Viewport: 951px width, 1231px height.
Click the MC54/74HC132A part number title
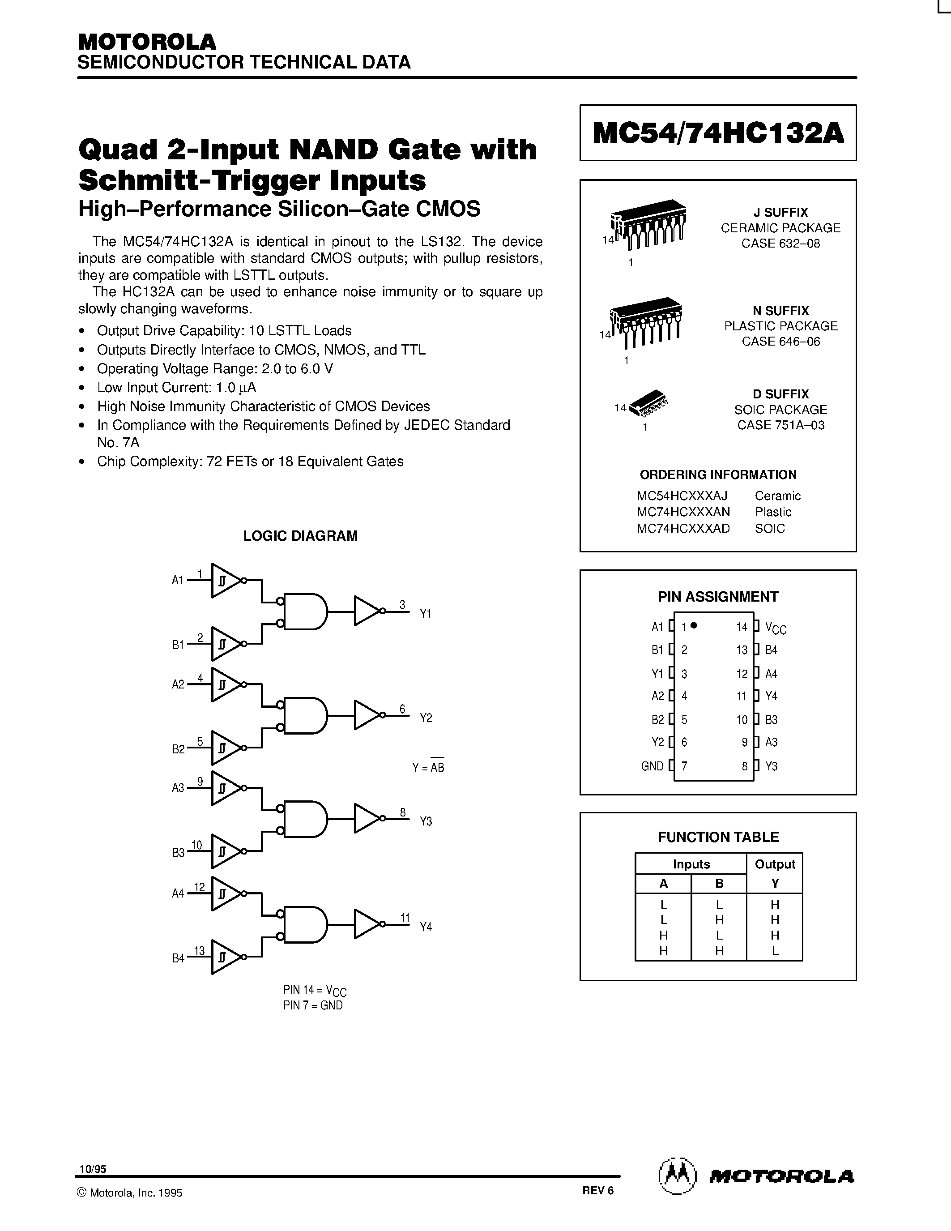click(718, 133)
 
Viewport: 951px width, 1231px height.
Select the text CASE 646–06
click(781, 342)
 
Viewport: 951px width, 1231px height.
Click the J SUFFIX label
click(781, 213)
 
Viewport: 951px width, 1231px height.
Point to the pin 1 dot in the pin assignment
click(694, 625)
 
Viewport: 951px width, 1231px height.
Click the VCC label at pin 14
click(776, 627)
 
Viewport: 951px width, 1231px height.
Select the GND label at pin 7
click(652, 766)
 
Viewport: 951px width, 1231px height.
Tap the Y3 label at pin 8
click(771, 766)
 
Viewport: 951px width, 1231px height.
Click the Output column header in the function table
click(775, 864)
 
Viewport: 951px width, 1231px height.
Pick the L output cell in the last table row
click(775, 951)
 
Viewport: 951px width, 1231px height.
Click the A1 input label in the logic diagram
click(178, 580)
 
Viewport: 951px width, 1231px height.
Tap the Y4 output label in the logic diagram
click(426, 927)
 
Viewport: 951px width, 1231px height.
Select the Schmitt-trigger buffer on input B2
click(226, 748)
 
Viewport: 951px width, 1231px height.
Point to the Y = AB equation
click(428, 767)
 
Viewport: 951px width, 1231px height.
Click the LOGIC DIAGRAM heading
click(300, 536)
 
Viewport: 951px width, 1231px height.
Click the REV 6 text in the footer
click(598, 1190)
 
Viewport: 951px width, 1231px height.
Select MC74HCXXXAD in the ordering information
click(683, 528)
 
